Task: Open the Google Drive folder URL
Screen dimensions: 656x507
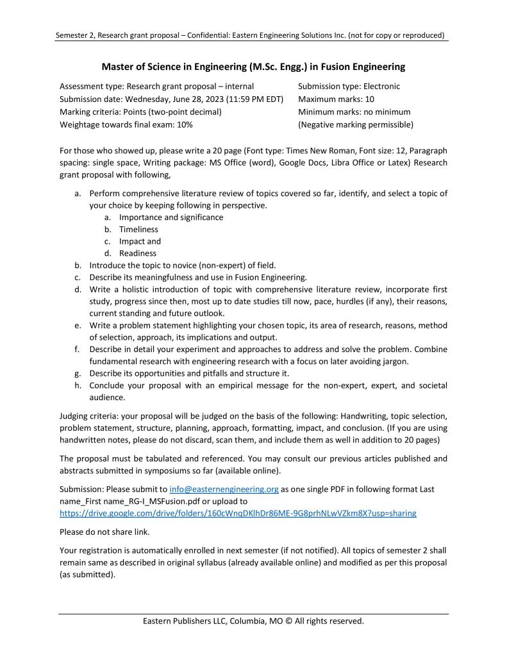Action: coord(238,513)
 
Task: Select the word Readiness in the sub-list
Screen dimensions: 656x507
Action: coord(137,253)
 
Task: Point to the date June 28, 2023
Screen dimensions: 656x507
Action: coord(197,99)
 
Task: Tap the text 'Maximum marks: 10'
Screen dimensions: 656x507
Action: coord(337,99)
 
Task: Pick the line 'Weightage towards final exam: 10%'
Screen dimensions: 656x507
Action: coord(126,124)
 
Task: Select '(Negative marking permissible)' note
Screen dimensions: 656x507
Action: coord(356,124)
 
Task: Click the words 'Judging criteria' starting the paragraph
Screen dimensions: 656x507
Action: coord(89,416)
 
